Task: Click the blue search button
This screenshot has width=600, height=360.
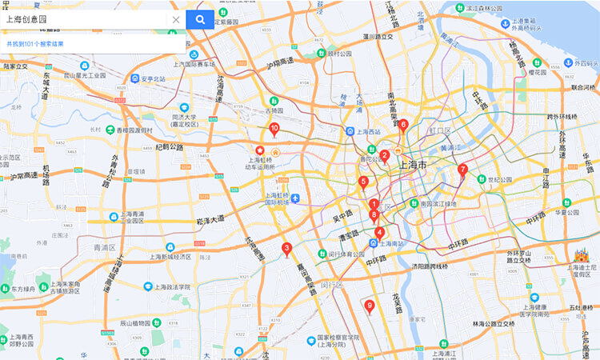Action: click(200, 19)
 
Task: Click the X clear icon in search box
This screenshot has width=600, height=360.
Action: click(176, 19)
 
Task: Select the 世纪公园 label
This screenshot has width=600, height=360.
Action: click(500, 180)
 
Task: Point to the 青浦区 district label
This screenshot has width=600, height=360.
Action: click(104, 248)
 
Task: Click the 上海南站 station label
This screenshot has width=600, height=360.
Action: click(390, 242)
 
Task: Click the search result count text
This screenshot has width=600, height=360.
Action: click(35, 44)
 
